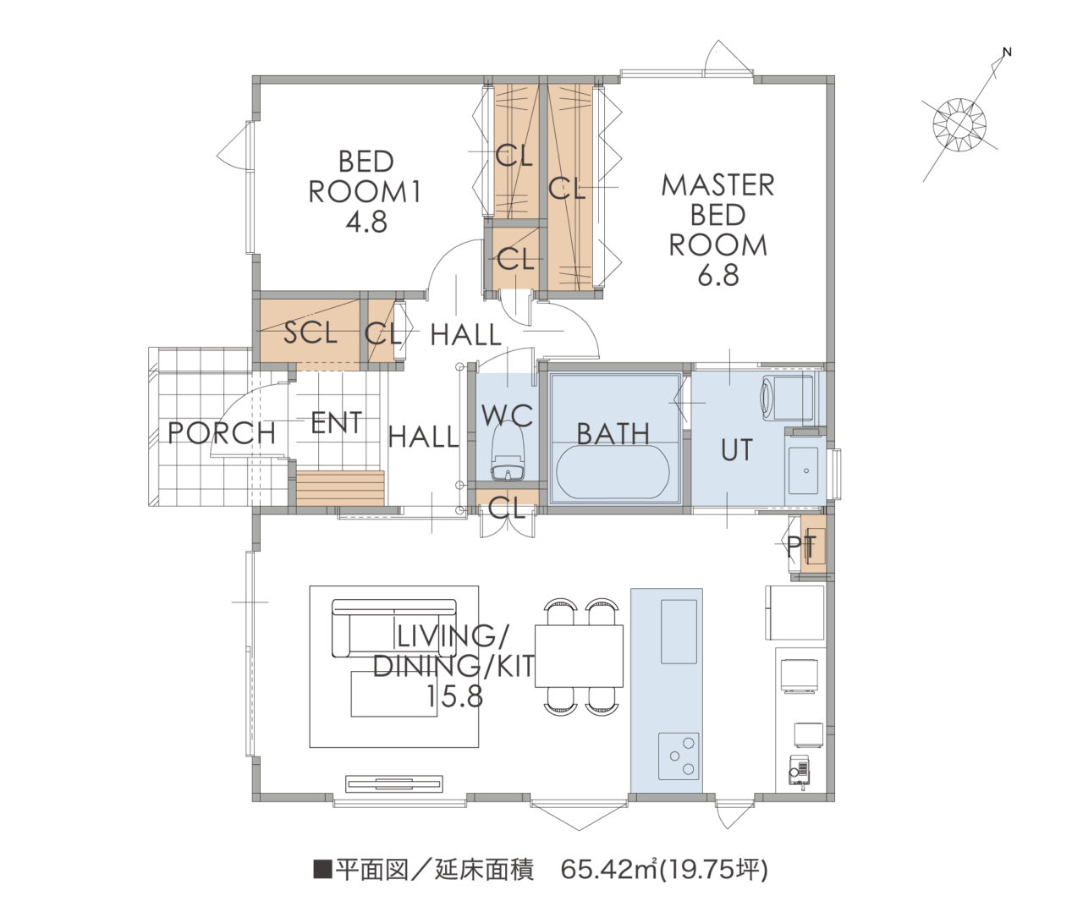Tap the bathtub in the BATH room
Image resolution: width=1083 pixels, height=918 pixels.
click(613, 470)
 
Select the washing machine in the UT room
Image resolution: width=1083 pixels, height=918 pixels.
click(789, 397)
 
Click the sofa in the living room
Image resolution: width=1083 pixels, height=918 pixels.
click(394, 628)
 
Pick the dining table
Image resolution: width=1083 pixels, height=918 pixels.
click(579, 656)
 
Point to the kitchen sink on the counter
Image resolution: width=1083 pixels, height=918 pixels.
click(679, 631)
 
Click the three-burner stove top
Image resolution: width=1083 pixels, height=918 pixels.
click(679, 755)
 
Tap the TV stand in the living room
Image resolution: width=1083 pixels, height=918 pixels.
click(394, 783)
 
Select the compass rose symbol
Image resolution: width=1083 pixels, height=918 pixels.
click(959, 125)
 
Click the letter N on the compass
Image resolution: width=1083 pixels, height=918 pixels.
click(1007, 52)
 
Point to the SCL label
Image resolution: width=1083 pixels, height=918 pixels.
click(311, 333)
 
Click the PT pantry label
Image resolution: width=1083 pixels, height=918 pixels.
click(801, 547)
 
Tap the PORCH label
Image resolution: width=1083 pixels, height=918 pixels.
click(222, 433)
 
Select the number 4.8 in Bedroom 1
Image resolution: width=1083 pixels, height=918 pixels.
click(366, 222)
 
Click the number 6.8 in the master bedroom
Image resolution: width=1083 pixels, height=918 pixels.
click(717, 275)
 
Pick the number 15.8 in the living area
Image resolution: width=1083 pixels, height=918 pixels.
click(454, 696)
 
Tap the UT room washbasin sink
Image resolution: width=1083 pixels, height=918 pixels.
click(803, 470)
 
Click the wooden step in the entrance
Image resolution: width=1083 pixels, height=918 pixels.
click(340, 488)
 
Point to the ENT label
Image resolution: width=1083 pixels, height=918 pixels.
click(336, 422)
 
